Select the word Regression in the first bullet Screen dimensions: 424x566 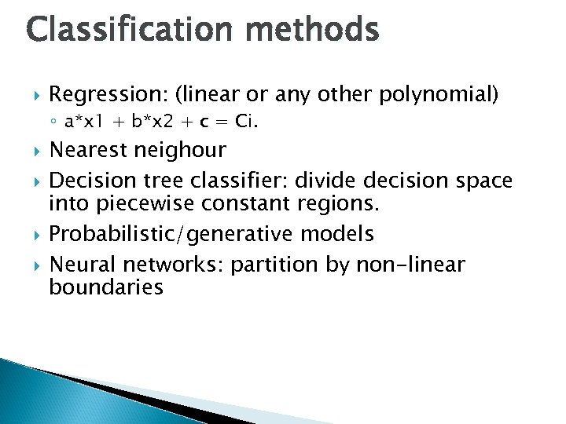107,95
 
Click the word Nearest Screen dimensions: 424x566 89,149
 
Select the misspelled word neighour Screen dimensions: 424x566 180,150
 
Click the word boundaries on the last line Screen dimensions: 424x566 106,287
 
